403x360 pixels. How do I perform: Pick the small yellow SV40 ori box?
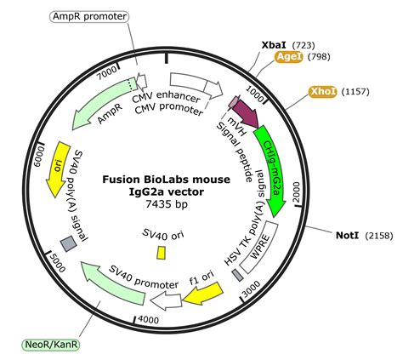(x=161, y=253)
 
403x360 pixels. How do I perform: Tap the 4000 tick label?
(x=149, y=319)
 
